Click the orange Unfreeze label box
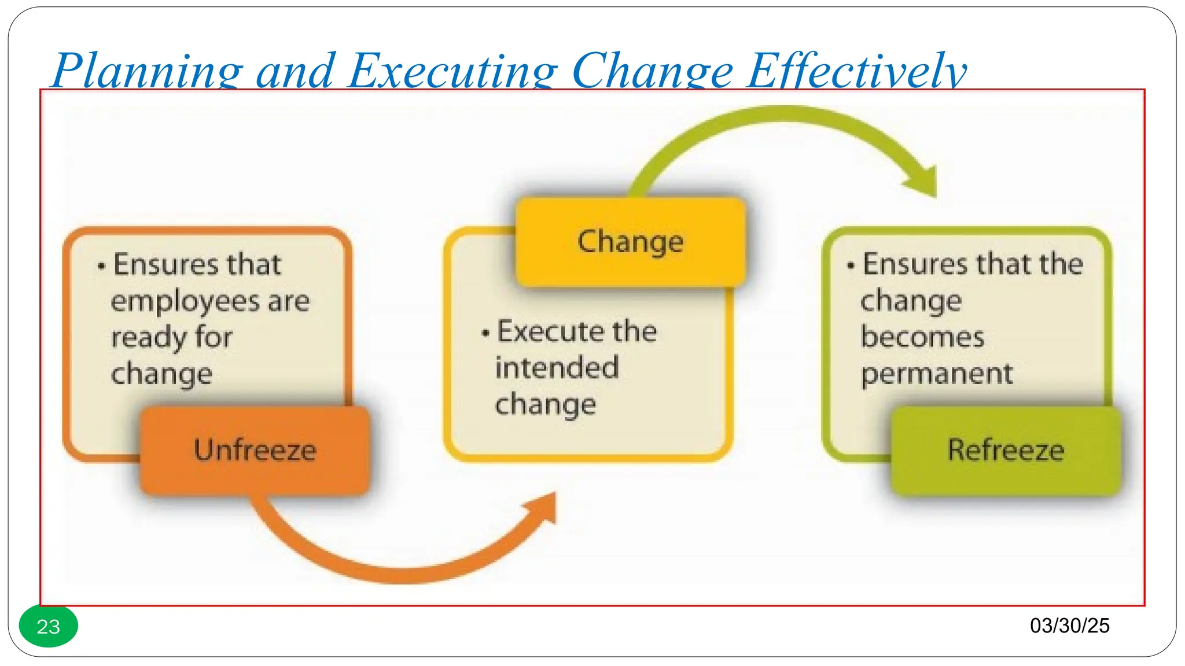pos(255,450)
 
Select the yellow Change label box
pos(630,242)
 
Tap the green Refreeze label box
pos(1006,450)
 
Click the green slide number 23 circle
pos(49,626)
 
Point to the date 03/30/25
pos(1069,626)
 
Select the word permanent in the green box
pos(937,374)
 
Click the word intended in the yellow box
pos(557,368)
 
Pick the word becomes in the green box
pos(922,338)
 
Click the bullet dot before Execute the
pos(485,334)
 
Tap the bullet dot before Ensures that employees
pos(102,267)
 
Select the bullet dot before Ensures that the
pos(851,267)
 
